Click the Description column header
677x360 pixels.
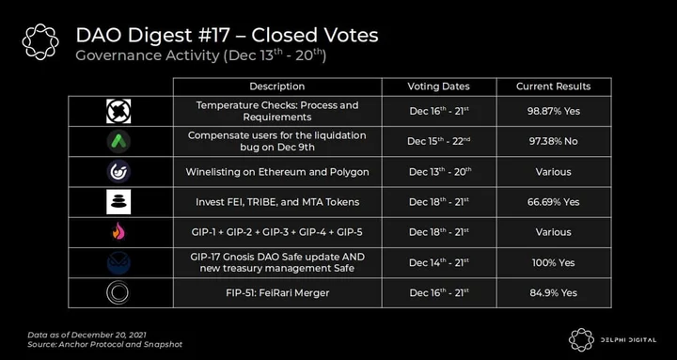(x=277, y=86)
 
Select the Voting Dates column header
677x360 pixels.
(x=439, y=86)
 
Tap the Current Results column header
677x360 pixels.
(x=554, y=86)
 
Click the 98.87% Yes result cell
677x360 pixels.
(x=554, y=111)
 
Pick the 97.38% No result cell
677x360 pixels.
(x=554, y=142)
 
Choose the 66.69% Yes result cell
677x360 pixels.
(x=554, y=202)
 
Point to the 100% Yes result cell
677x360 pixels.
(x=554, y=262)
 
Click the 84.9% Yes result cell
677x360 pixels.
(x=554, y=292)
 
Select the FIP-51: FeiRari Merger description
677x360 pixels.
(x=277, y=292)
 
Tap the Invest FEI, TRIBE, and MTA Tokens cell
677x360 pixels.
(x=277, y=202)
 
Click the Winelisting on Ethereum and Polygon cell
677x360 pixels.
(x=277, y=172)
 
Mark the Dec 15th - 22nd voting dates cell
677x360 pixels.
(x=439, y=142)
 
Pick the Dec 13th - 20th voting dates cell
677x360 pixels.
(x=439, y=172)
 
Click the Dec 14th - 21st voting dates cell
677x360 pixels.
(x=439, y=262)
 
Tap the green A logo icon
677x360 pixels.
(x=118, y=142)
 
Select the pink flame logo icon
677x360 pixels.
(x=118, y=232)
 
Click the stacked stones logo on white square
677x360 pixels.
(x=118, y=202)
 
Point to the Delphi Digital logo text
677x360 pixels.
(x=628, y=340)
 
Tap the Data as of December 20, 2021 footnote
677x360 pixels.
(x=87, y=335)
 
